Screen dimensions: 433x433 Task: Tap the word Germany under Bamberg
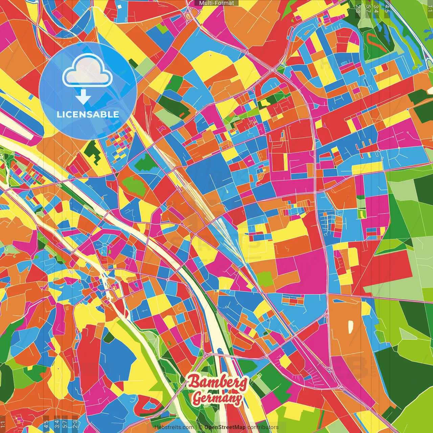[217, 398]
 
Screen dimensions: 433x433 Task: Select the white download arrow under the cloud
[83, 97]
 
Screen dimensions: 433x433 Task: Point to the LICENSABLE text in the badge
[88, 114]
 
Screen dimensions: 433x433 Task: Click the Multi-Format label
[216, 3]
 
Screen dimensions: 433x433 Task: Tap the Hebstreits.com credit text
[174, 427]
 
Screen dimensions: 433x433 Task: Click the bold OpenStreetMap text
[225, 427]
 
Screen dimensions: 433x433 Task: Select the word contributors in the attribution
[263, 427]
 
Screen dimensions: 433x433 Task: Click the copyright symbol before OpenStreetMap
[201, 427]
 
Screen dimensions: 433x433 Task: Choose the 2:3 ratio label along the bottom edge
[75, 424]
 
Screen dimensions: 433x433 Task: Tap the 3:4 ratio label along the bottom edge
[57, 424]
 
